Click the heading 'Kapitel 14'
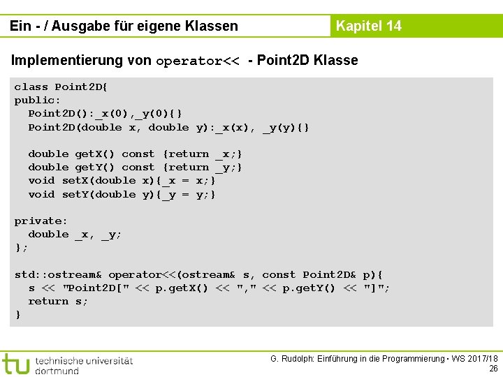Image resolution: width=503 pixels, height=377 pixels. (368, 26)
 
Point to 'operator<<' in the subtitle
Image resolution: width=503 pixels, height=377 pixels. (198, 61)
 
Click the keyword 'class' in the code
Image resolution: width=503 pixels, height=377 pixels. (31, 87)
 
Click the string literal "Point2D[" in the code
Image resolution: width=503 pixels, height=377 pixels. (96, 288)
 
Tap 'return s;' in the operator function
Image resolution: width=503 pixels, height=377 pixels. (58, 302)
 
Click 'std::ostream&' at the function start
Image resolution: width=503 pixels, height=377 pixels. (59, 275)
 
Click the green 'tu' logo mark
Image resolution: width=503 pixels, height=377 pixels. (16, 363)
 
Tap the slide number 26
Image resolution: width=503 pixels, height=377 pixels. (493, 369)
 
